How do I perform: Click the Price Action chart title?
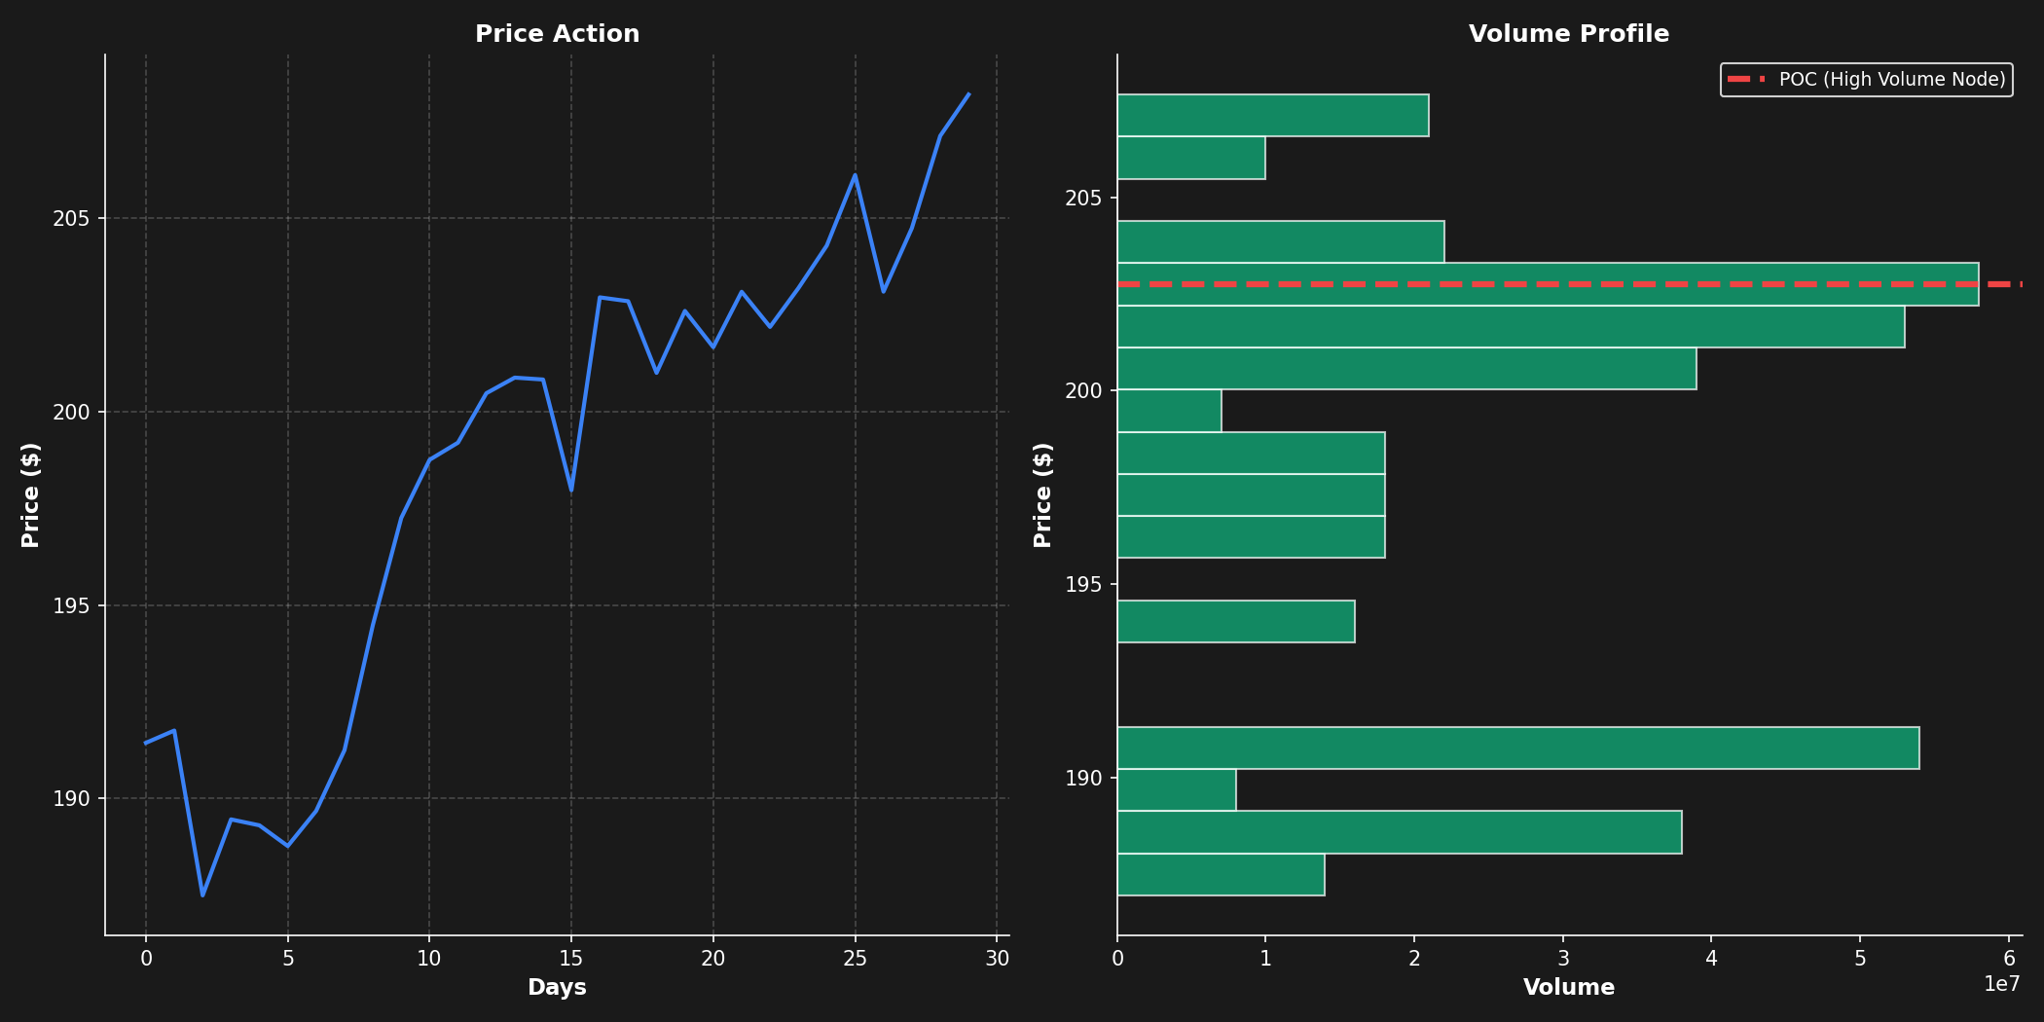click(557, 34)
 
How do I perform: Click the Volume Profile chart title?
click(1568, 34)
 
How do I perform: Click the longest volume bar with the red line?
click(1548, 284)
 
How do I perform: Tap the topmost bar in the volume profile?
click(1272, 115)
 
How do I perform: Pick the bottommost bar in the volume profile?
click(1221, 874)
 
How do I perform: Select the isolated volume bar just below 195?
click(1235, 621)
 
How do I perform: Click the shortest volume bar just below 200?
click(1169, 411)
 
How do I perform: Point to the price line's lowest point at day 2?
click(202, 894)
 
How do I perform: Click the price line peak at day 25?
click(855, 175)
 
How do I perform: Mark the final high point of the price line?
click(968, 94)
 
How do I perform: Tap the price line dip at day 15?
click(571, 491)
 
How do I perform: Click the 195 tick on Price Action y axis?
click(71, 605)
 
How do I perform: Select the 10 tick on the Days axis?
click(429, 959)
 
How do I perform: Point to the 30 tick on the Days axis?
click(997, 959)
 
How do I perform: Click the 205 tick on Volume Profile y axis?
click(1083, 198)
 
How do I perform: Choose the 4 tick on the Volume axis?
click(1711, 959)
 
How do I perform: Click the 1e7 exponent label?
click(2001, 984)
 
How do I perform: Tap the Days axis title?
click(557, 988)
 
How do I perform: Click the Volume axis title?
click(1568, 988)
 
